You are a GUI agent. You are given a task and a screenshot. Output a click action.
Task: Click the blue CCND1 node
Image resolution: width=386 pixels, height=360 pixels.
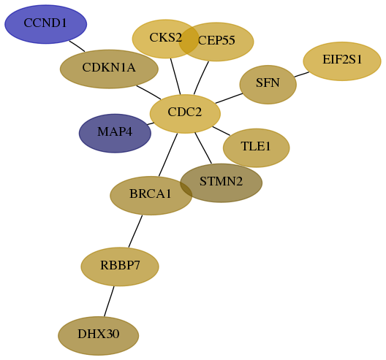[x=46, y=24]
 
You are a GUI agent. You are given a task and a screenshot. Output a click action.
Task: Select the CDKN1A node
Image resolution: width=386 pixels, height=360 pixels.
[x=109, y=69]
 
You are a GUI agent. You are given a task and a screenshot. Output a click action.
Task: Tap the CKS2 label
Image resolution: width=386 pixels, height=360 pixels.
[x=165, y=38]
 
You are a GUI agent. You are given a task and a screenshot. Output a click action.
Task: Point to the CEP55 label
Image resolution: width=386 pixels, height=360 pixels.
[x=216, y=40]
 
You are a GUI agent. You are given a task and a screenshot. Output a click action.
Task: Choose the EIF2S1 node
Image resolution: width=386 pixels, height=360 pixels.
[x=342, y=61]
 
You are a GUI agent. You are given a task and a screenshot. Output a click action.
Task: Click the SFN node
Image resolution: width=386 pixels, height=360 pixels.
[x=268, y=85]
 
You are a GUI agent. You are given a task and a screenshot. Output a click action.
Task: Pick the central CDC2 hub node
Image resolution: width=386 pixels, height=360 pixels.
[x=185, y=114]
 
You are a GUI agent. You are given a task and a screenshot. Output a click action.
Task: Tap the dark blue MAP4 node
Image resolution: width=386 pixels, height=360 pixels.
[x=115, y=134]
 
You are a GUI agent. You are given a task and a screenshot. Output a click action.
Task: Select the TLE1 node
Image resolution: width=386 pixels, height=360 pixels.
[x=257, y=148]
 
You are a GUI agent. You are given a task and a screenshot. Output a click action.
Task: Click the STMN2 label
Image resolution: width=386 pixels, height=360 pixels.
[x=221, y=182]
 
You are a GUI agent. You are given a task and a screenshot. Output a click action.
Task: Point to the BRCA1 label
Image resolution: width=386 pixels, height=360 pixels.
[x=150, y=194]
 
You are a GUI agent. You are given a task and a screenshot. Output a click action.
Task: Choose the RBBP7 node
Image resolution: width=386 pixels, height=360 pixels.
[x=120, y=267]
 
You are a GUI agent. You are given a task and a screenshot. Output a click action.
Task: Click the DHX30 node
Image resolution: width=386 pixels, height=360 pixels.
[x=99, y=336]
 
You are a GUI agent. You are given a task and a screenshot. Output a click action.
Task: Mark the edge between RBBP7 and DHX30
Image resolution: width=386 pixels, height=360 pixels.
[x=109, y=302]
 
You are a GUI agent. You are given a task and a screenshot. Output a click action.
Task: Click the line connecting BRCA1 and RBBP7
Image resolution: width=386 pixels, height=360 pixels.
[x=135, y=231]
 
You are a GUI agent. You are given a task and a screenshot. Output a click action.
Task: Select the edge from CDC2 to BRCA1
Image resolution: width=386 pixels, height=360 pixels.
[x=168, y=155]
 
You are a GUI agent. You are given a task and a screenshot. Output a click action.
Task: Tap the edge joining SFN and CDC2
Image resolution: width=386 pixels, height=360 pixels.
[x=229, y=99]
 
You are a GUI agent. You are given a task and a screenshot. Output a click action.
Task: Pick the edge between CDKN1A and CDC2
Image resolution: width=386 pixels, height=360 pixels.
[x=148, y=93]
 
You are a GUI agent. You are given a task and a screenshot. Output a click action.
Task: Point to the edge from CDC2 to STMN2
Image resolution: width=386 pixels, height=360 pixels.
[x=203, y=148]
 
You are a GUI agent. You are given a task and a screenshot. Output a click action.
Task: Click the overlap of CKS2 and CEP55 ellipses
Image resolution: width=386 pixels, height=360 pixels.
[x=189, y=40]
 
